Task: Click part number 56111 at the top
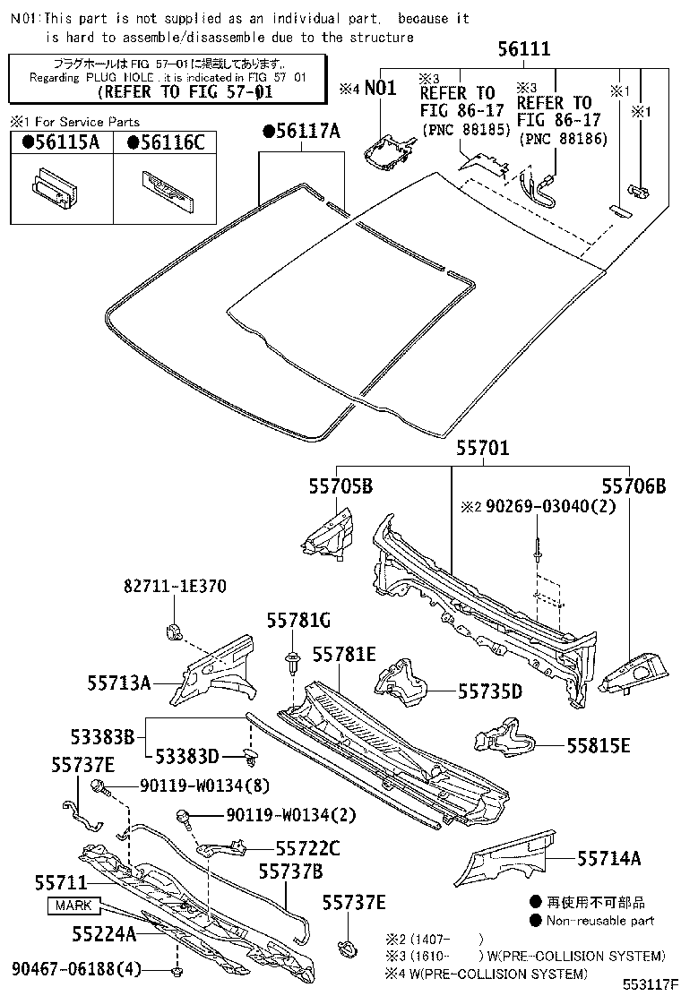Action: tap(524, 50)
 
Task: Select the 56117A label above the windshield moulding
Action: tap(302, 132)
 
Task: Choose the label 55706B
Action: tap(634, 486)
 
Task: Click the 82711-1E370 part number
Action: tap(175, 587)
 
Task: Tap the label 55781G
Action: tap(298, 620)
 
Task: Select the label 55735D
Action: tap(490, 691)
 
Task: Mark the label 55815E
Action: tap(598, 745)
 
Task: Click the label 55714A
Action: tap(608, 859)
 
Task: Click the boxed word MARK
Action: tap(73, 906)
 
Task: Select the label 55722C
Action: tap(307, 846)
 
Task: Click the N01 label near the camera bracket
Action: tap(380, 88)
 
